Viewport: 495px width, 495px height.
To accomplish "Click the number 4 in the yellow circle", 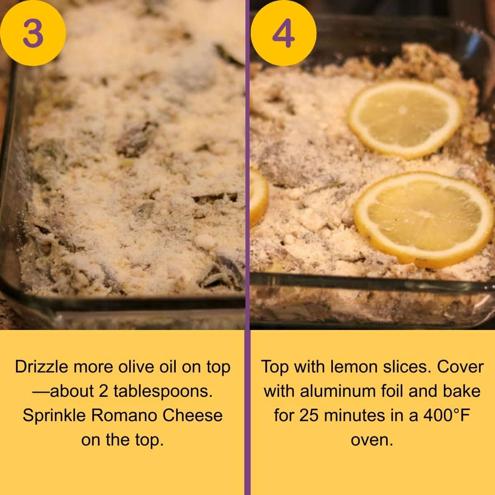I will [283, 33].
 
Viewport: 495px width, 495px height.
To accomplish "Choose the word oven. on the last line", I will [372, 440].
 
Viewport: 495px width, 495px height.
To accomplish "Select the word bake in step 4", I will [463, 391].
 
